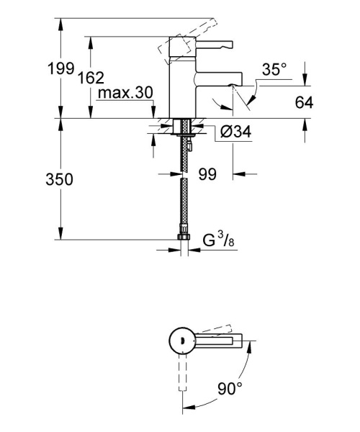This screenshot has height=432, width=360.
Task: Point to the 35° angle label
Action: click(x=274, y=71)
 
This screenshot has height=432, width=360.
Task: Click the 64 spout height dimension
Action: click(x=305, y=103)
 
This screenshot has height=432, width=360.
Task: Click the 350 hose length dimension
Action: click(x=58, y=180)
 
